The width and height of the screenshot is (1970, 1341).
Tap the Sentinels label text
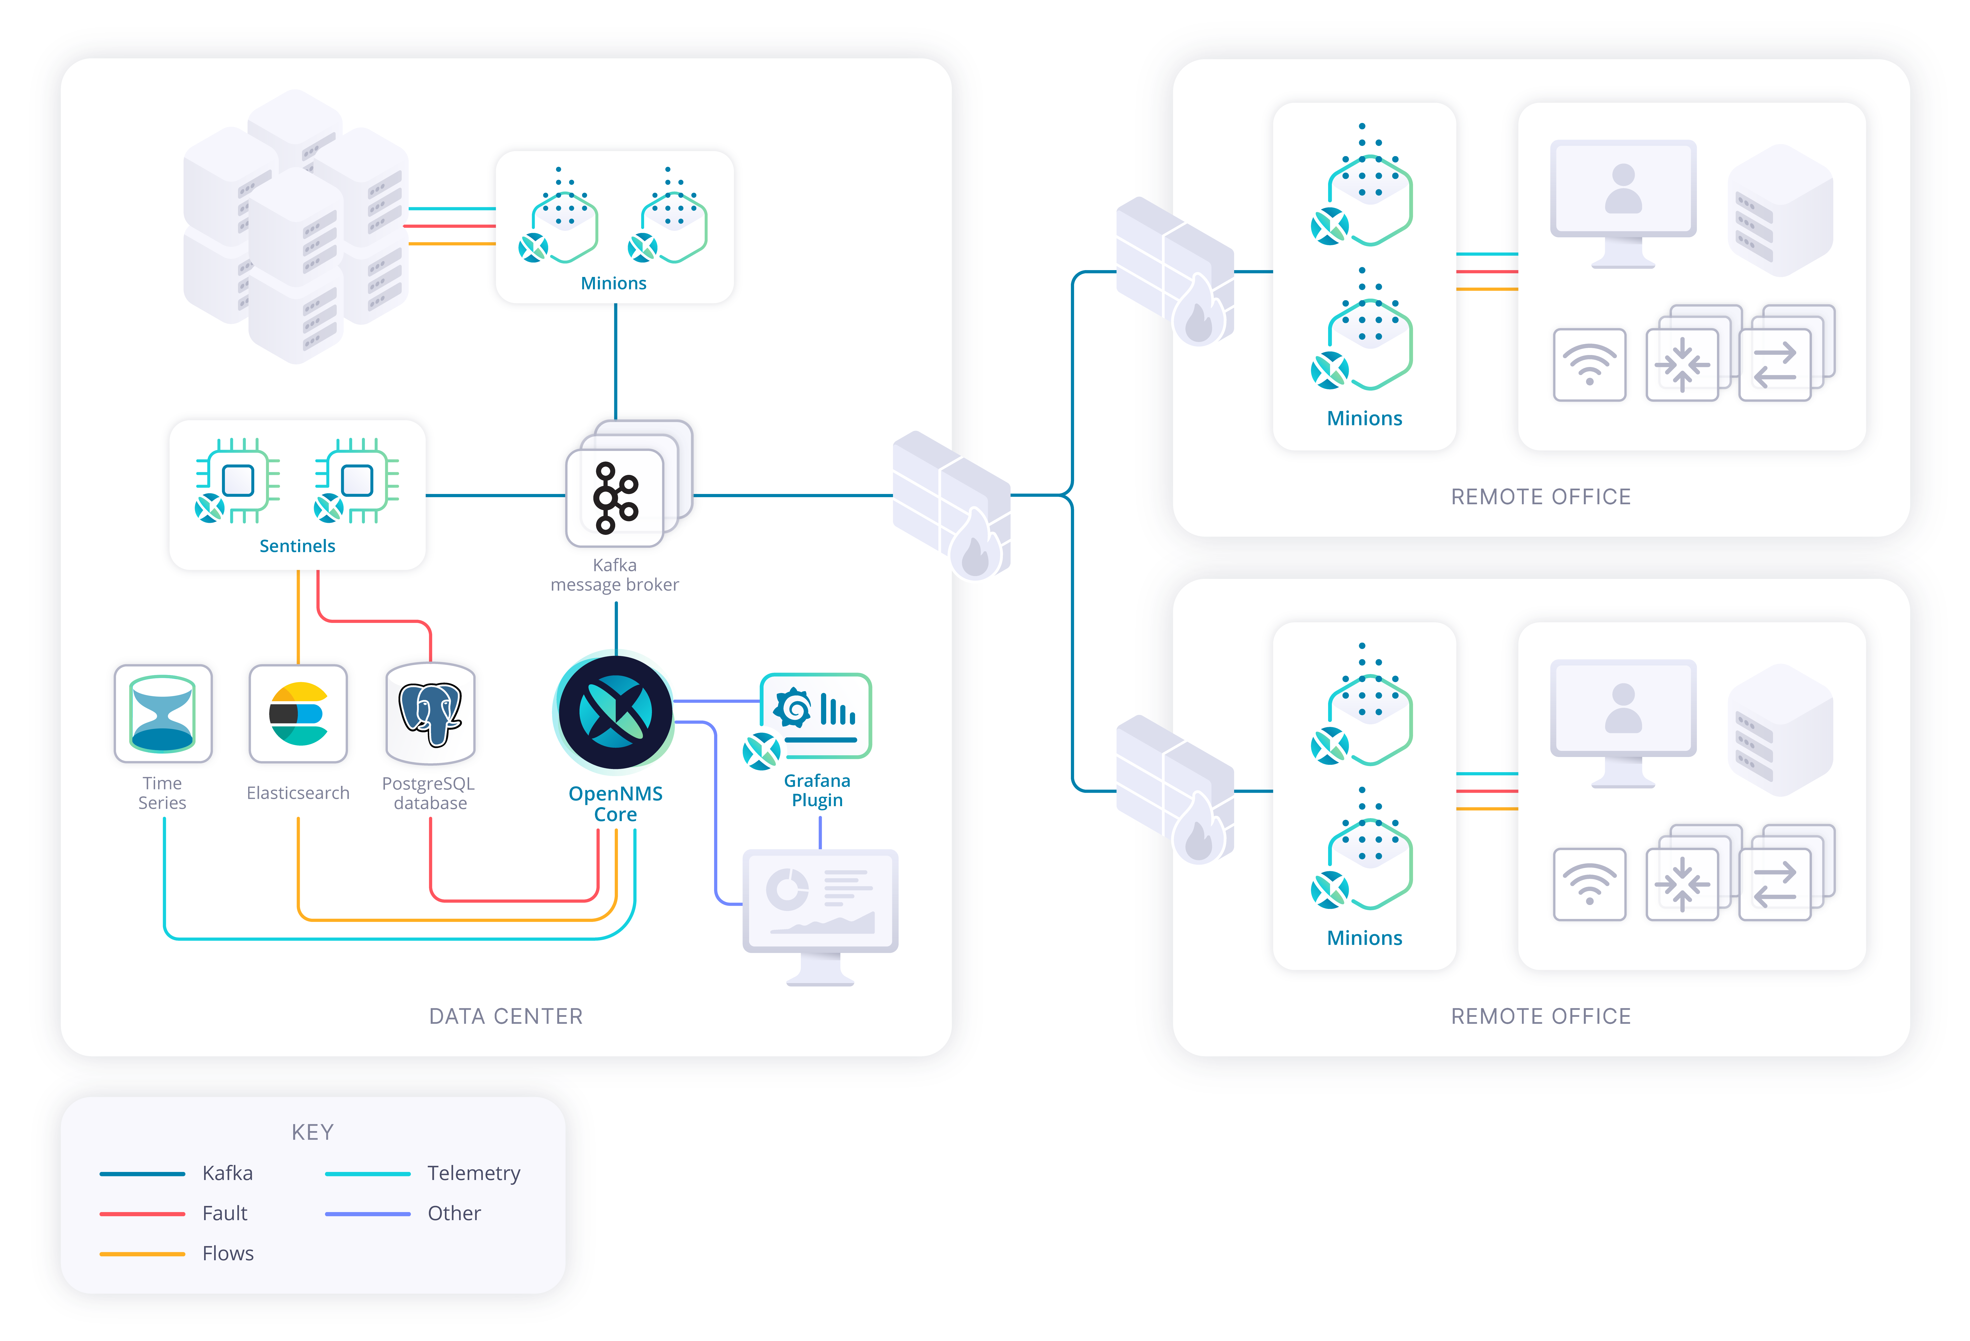(x=298, y=546)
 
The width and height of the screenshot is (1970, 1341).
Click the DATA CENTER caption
(x=506, y=1016)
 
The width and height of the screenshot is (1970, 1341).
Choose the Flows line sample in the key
(x=142, y=1254)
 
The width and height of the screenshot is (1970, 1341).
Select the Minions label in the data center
(x=614, y=283)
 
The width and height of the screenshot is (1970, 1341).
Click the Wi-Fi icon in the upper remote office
(x=1589, y=365)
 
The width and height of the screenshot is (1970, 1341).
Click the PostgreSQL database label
(x=430, y=793)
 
